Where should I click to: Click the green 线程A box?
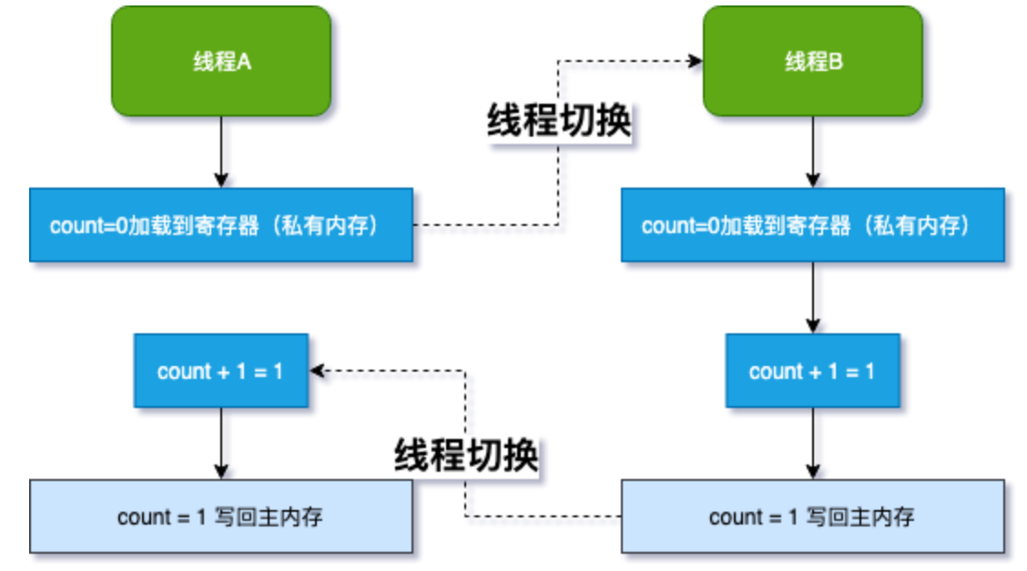220,61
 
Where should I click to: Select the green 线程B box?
813,61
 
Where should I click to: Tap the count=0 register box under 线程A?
220,225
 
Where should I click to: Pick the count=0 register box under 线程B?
813,225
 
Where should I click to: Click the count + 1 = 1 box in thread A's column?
220,371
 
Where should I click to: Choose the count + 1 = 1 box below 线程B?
813,371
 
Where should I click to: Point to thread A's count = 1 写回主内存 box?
220,516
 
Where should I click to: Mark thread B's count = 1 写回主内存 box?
813,516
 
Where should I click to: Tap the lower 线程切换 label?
466,454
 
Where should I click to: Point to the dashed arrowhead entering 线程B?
696,61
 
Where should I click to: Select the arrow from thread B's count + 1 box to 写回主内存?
813,443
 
